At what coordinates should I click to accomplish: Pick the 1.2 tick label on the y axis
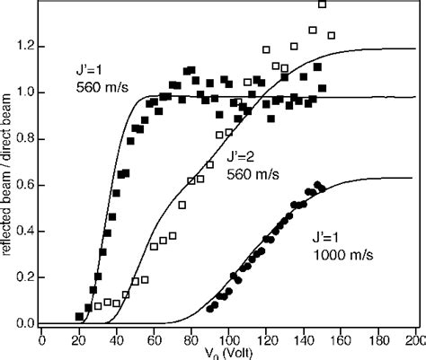tap(26, 45)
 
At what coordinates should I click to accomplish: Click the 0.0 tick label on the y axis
tap(26, 323)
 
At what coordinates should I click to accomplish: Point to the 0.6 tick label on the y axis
tap(26, 184)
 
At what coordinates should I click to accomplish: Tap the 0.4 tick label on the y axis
tap(26, 231)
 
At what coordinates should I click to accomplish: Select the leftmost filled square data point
tap(79, 316)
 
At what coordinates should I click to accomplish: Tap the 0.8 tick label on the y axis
tap(26, 137)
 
